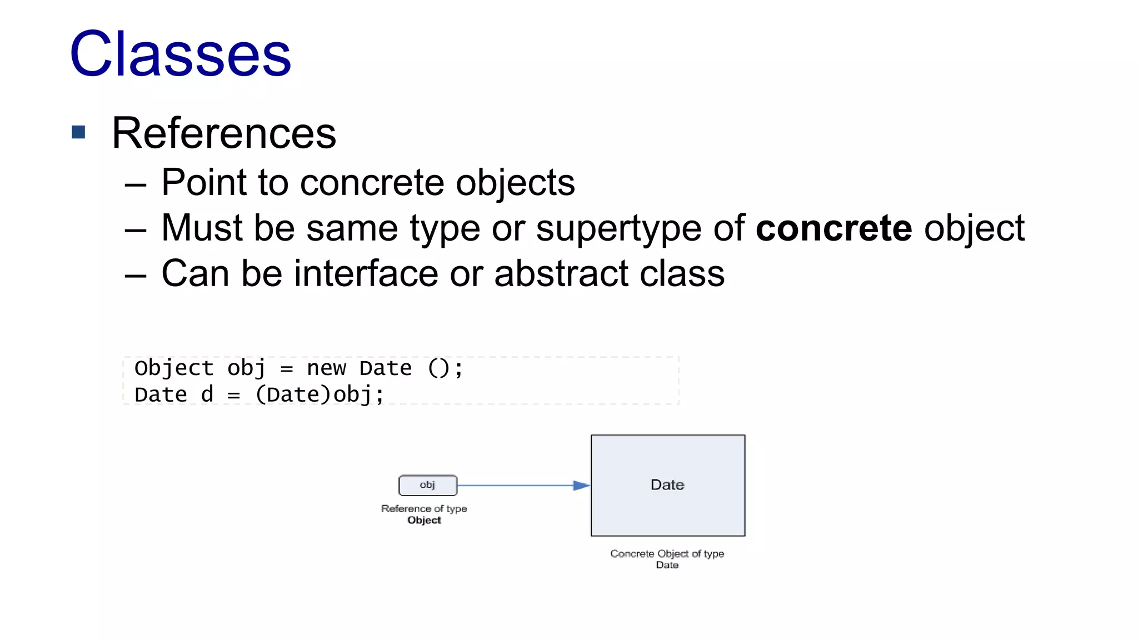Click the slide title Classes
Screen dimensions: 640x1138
tap(180, 54)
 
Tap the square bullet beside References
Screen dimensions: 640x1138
tap(78, 132)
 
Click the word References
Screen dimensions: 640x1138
tap(224, 133)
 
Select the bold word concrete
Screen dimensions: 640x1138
tap(833, 228)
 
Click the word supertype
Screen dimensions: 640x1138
tap(618, 229)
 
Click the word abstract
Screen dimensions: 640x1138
tap(561, 273)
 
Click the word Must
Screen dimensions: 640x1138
tap(202, 228)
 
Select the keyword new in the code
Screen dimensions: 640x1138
tap(326, 368)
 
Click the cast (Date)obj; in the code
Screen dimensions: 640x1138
tap(320, 395)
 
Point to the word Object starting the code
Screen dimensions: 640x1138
tap(174, 368)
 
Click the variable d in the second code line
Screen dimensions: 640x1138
tap(207, 395)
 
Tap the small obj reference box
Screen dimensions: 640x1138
tap(428, 485)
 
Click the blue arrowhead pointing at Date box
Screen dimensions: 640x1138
tap(581, 486)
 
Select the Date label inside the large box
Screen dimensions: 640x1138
tap(667, 485)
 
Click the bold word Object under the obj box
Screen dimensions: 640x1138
tap(424, 521)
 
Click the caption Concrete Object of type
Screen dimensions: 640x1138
tap(667, 554)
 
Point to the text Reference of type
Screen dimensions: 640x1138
tap(424, 509)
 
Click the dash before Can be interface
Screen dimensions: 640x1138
tap(136, 274)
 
